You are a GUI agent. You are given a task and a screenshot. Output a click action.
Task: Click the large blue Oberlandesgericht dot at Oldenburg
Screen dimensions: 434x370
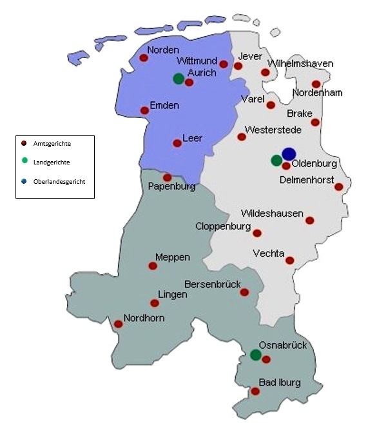point(289,153)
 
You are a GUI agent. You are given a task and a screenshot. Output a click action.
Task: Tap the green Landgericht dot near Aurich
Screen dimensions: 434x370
point(179,79)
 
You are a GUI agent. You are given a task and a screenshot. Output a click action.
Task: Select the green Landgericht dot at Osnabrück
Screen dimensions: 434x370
point(255,355)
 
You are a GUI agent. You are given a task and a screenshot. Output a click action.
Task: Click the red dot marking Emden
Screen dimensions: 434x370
point(144,110)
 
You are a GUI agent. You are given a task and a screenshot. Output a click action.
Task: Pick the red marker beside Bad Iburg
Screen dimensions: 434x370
point(255,391)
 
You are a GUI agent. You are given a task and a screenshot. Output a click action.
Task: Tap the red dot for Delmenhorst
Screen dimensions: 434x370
point(338,187)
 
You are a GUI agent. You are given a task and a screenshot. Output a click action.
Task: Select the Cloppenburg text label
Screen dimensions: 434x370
point(222,226)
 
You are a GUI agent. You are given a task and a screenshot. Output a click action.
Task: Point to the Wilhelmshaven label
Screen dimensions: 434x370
point(300,63)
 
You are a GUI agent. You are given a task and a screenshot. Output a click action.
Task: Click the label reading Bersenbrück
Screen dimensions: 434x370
point(213,284)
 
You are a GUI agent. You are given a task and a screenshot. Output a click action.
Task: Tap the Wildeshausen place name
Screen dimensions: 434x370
point(272,213)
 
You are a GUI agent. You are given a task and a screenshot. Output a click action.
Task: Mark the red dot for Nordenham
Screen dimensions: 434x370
point(316,84)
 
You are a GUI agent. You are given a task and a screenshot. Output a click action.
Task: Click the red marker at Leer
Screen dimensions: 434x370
point(177,143)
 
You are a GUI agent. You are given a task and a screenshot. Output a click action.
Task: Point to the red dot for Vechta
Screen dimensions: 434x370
point(290,261)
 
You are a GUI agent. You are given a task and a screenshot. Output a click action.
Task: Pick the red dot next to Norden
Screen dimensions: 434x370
point(144,57)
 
